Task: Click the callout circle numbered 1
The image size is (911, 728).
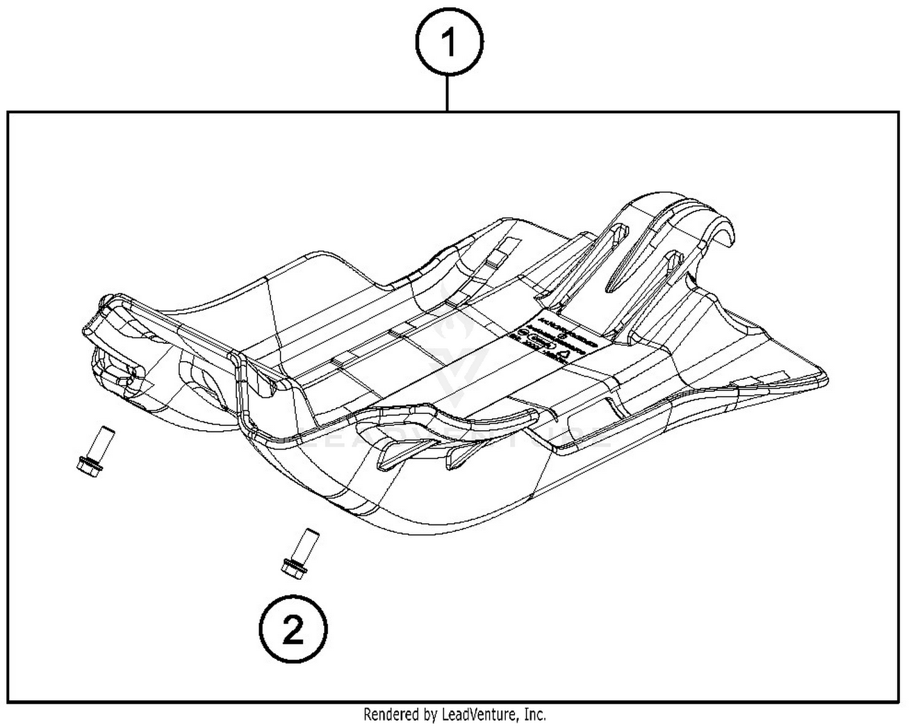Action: click(x=449, y=43)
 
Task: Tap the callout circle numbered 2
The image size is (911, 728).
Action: click(x=293, y=630)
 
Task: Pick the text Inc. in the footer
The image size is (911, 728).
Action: click(x=534, y=714)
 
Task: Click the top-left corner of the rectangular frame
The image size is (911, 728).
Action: click(x=8, y=112)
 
